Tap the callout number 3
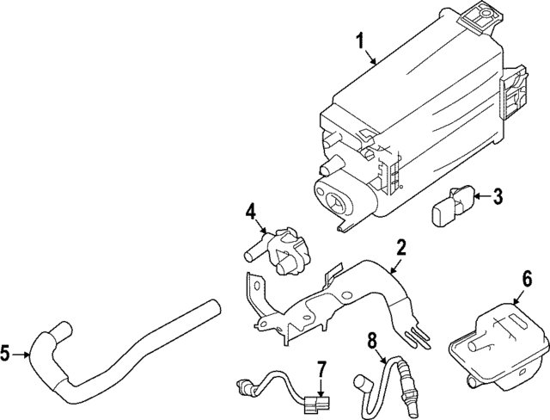[x=498, y=197]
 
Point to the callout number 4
[x=250, y=211]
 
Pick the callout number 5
[x=8, y=352]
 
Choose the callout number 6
[x=527, y=279]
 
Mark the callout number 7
[x=321, y=371]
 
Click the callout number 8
[x=372, y=341]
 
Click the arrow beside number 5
[x=24, y=352]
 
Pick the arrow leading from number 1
[x=370, y=57]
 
